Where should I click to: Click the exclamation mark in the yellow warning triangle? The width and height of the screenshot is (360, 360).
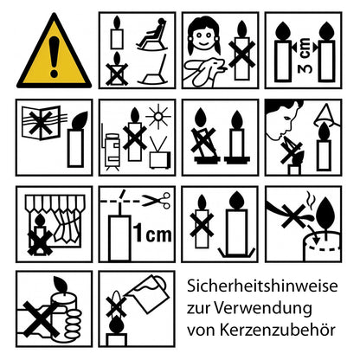pos(54,55)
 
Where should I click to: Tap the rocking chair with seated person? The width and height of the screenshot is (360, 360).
pos(153,36)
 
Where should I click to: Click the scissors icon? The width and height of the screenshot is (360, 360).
pos(156,202)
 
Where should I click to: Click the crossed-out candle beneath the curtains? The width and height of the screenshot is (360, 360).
pos(38,239)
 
